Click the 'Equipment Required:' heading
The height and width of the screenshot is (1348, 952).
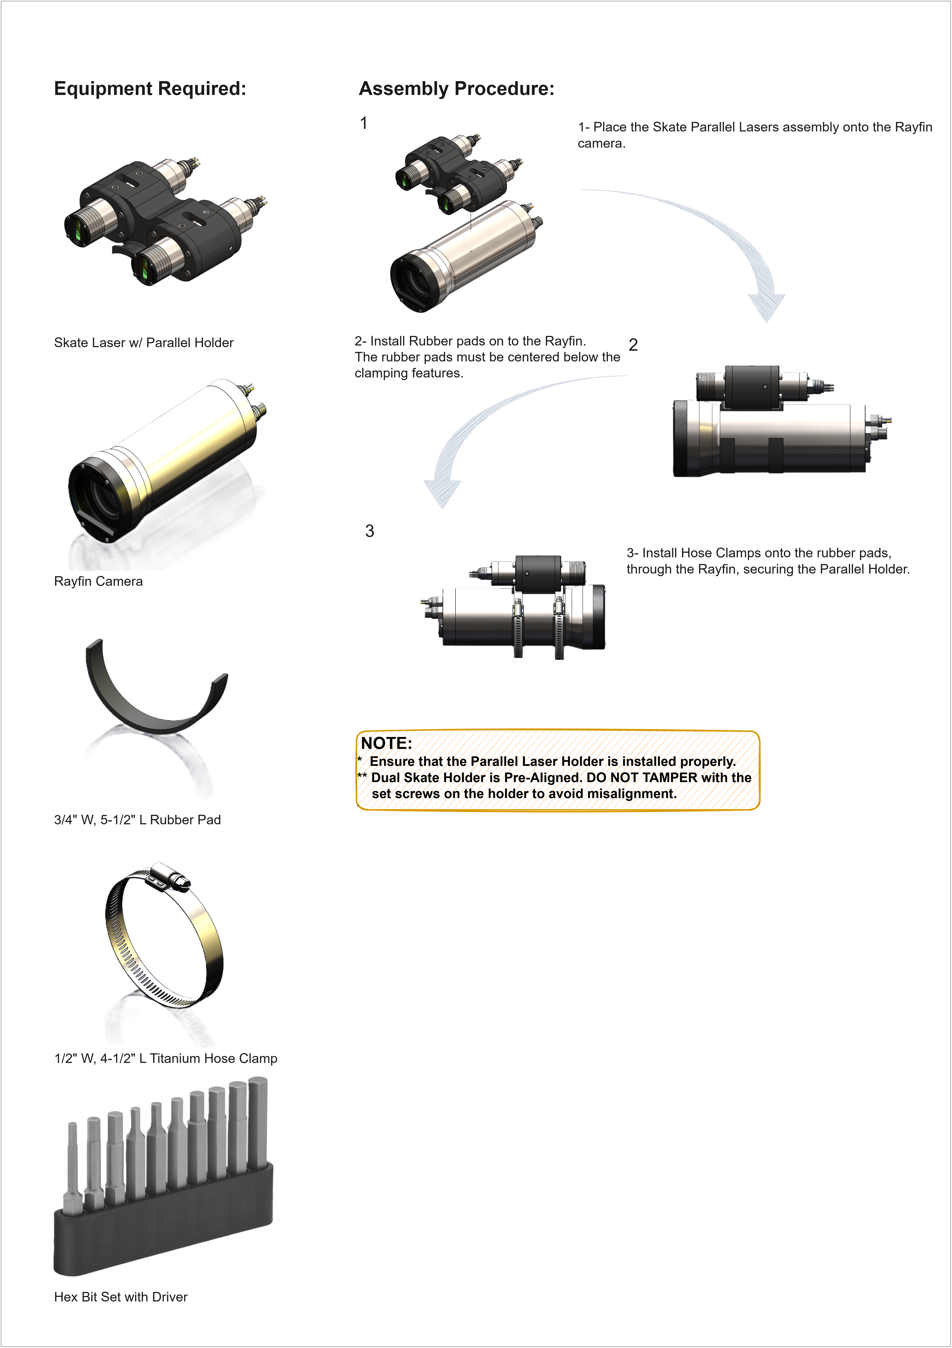coord(150,89)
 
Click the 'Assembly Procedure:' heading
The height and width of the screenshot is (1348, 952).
coord(456,89)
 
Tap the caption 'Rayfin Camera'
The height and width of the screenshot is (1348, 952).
coord(98,581)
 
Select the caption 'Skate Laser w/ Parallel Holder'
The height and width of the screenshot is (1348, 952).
coord(144,343)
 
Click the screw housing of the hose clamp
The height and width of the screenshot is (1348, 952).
coord(170,877)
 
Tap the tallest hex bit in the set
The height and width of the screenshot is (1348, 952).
coord(257,1124)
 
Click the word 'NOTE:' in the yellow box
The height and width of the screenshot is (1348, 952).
coord(387,743)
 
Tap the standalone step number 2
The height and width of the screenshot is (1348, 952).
coord(633,345)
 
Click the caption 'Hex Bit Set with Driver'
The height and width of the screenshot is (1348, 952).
coord(121,1297)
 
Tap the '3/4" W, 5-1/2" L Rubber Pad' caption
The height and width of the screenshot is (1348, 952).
coord(137,820)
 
